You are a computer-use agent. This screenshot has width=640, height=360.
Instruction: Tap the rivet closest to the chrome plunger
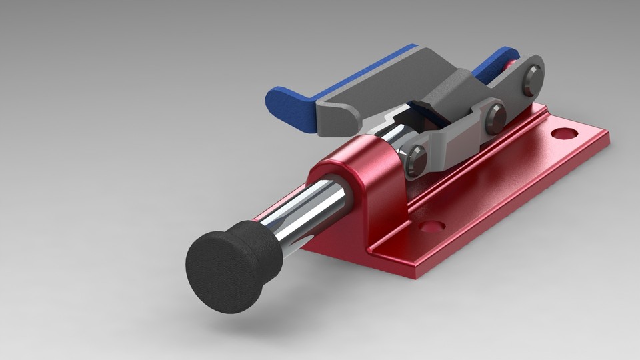pos(417,160)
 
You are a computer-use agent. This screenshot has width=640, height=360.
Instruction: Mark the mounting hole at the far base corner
pos(564,133)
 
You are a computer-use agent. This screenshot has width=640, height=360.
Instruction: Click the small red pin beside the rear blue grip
pos(511,65)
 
